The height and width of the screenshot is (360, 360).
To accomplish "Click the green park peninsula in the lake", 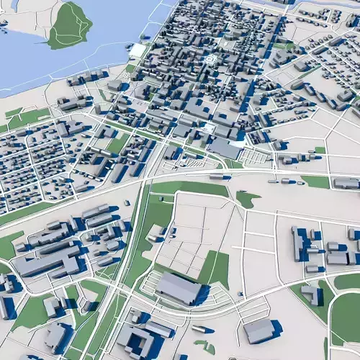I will click(x=70, y=25).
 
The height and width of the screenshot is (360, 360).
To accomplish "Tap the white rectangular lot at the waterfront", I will click(x=137, y=50).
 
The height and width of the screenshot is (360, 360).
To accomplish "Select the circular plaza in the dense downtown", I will click(x=210, y=60).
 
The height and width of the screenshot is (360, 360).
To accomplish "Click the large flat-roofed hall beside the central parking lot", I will click(x=226, y=149).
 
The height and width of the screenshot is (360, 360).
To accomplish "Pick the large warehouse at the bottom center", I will click(x=178, y=288).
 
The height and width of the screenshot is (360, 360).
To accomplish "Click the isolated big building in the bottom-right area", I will click(x=259, y=330).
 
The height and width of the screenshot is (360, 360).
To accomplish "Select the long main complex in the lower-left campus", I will click(x=47, y=263).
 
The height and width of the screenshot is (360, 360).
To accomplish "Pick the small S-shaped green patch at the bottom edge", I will click(x=205, y=347).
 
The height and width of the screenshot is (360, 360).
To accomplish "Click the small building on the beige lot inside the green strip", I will click(x=156, y=232).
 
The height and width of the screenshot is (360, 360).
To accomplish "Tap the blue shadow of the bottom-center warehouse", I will click(x=204, y=295).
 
